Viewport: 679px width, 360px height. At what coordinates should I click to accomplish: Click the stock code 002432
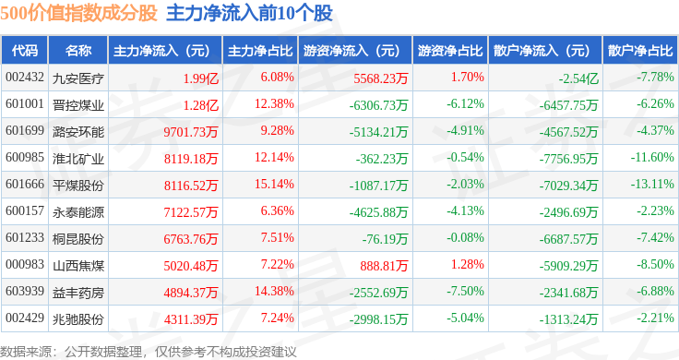pos(25,78)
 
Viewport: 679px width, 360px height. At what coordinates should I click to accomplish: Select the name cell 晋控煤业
pos(78,105)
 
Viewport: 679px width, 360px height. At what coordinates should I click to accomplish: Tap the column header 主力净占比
pos(260,51)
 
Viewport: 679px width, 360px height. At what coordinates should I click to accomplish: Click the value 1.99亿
pos(200,78)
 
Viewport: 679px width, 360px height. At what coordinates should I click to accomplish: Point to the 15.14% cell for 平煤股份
pos(274,184)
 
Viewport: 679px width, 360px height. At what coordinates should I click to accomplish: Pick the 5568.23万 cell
pos(381,78)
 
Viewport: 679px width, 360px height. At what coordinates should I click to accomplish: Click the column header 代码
pos(25,51)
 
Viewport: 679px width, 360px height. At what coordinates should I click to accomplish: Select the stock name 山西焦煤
pos(78,266)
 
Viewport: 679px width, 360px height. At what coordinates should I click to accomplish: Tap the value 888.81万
pos(384,266)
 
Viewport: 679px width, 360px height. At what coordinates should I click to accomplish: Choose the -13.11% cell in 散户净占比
pos(652,184)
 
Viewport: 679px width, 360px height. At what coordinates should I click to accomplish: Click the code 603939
pos(25,291)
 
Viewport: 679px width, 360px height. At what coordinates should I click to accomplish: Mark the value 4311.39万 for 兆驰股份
pos(191,319)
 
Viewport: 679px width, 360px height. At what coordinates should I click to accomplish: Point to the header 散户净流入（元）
pos(545,51)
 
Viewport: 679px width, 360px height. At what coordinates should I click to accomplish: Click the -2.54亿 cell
pos(578,78)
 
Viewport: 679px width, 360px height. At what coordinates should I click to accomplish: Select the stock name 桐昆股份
pos(78,239)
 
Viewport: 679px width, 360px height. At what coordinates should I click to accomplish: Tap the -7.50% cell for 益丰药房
pos(466,291)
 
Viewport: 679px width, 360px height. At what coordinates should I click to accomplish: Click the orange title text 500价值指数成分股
pos(78,13)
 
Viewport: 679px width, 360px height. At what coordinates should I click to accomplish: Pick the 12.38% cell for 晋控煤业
pos(274,104)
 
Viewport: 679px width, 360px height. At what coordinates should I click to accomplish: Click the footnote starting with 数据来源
pos(149,352)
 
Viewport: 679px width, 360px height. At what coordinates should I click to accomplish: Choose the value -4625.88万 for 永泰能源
pos(378,212)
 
